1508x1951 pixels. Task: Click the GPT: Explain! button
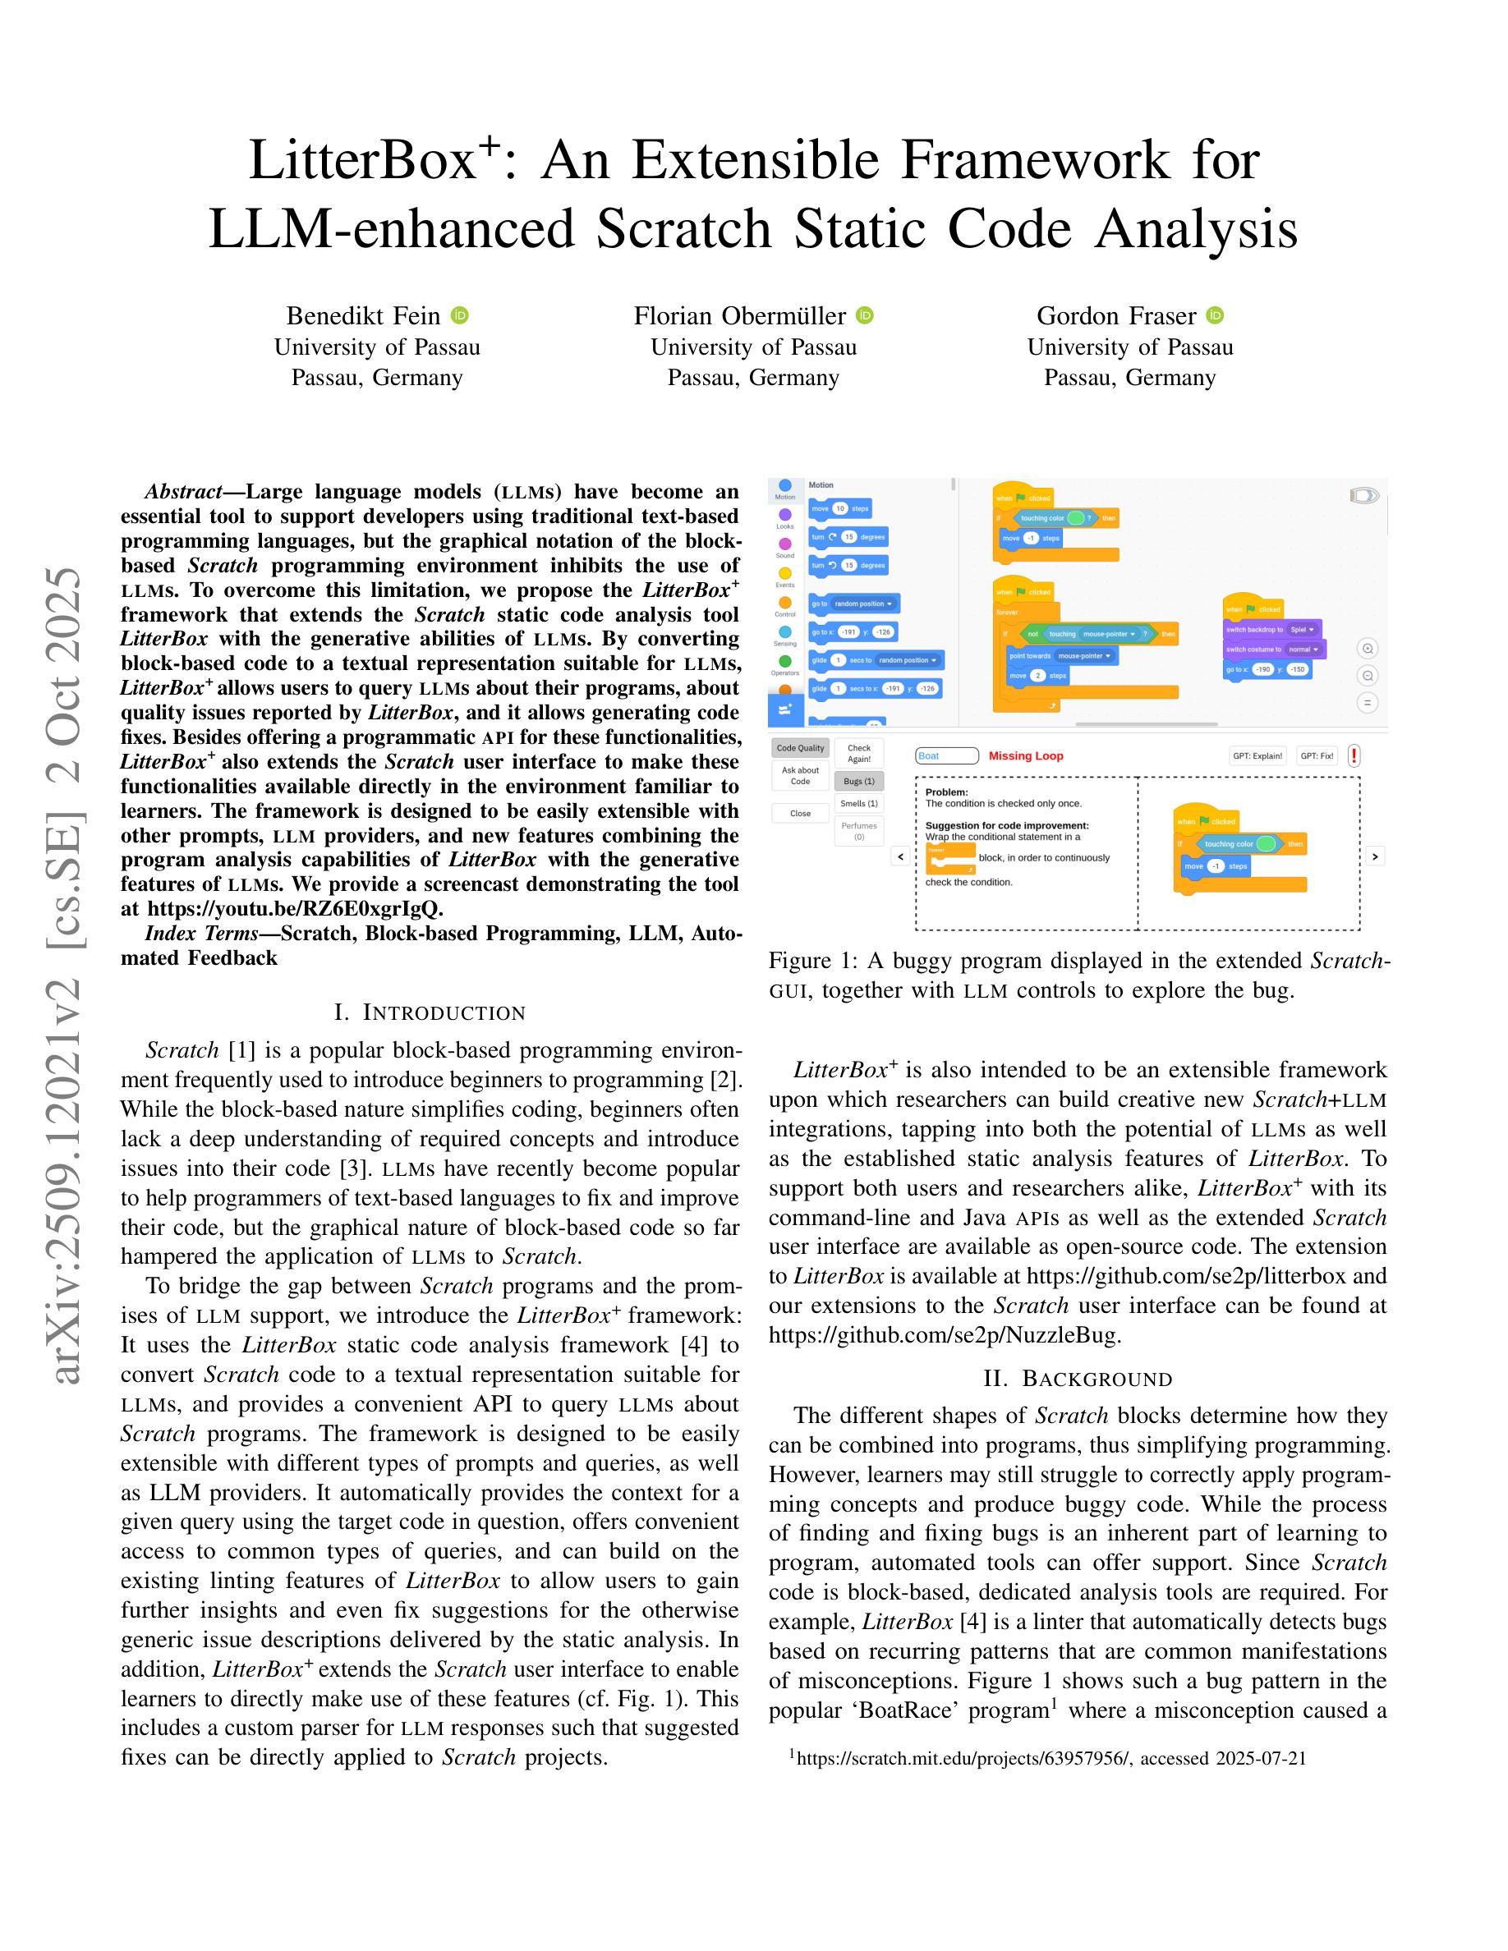(x=1257, y=755)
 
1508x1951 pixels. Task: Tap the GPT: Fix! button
(x=1317, y=755)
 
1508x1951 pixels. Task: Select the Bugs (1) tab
(x=858, y=781)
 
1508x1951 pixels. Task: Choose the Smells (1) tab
(x=858, y=803)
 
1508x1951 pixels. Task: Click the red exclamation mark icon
(x=1354, y=755)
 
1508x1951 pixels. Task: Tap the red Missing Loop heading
(x=1026, y=755)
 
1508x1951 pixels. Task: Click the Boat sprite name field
(x=946, y=755)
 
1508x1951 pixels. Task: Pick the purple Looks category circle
(x=784, y=515)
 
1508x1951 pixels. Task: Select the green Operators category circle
(x=784, y=661)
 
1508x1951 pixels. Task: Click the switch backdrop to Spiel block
(x=1272, y=629)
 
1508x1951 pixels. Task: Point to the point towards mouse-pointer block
(x=1061, y=656)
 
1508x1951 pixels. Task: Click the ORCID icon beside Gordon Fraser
(x=1215, y=315)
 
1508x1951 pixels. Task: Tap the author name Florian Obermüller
(x=739, y=315)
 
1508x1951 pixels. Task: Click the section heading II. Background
(x=1078, y=1379)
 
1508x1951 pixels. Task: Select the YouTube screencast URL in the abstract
(x=294, y=908)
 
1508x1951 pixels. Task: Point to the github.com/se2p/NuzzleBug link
(x=945, y=1334)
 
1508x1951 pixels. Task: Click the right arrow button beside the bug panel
(x=1375, y=856)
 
